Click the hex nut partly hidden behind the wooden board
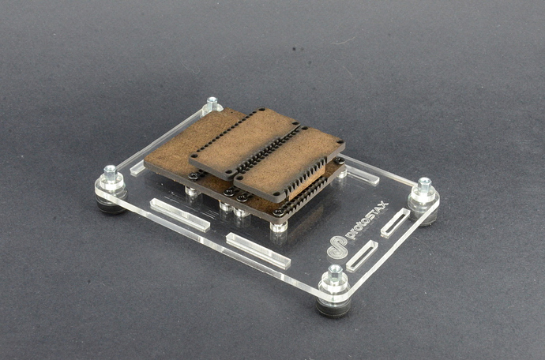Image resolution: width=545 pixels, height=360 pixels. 212,102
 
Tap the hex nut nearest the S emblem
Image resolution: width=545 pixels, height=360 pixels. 335,272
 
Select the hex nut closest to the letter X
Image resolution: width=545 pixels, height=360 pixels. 424,184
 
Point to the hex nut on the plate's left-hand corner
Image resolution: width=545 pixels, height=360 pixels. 110,171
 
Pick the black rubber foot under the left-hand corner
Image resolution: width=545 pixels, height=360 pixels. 111,206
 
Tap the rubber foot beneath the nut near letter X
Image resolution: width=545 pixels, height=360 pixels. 427,219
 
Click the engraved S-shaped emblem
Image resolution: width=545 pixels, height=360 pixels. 337,247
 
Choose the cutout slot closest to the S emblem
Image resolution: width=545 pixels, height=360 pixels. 362,256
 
